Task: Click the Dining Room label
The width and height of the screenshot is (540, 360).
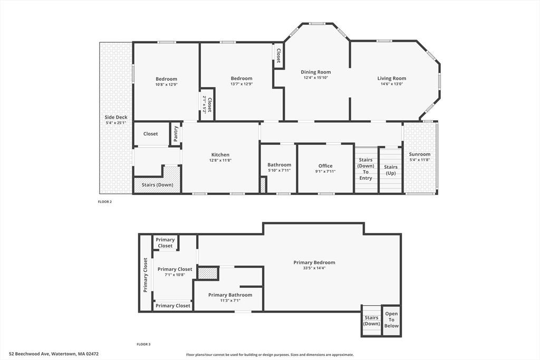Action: click(316, 72)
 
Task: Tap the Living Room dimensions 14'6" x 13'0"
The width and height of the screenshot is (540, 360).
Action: click(392, 84)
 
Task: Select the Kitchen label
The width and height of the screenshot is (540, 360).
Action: click(220, 155)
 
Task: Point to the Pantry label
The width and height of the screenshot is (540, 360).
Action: click(176, 134)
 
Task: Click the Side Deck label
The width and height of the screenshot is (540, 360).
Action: click(116, 118)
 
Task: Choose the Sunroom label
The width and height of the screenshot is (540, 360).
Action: click(420, 154)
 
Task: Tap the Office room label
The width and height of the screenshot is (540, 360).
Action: click(325, 166)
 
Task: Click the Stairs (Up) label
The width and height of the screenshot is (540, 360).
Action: click(391, 170)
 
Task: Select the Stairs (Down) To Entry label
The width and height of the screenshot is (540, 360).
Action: click(366, 169)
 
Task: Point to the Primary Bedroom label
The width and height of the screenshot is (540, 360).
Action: click(314, 262)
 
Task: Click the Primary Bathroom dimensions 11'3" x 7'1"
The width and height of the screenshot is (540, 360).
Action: click(230, 300)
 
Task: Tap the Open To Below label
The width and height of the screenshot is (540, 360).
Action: click(392, 320)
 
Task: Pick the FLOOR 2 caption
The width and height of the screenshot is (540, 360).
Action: click(105, 202)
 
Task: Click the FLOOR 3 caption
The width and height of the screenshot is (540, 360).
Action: click(143, 344)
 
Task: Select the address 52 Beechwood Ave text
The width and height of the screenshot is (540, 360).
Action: click(30, 354)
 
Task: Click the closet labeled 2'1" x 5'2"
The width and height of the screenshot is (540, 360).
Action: click(207, 105)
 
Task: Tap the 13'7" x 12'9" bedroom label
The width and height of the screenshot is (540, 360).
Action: click(242, 81)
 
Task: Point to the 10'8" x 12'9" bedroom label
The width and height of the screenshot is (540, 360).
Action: click(166, 82)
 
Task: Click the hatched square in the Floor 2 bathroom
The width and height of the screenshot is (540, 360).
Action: click(263, 185)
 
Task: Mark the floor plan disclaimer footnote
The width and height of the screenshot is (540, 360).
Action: click(270, 355)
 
